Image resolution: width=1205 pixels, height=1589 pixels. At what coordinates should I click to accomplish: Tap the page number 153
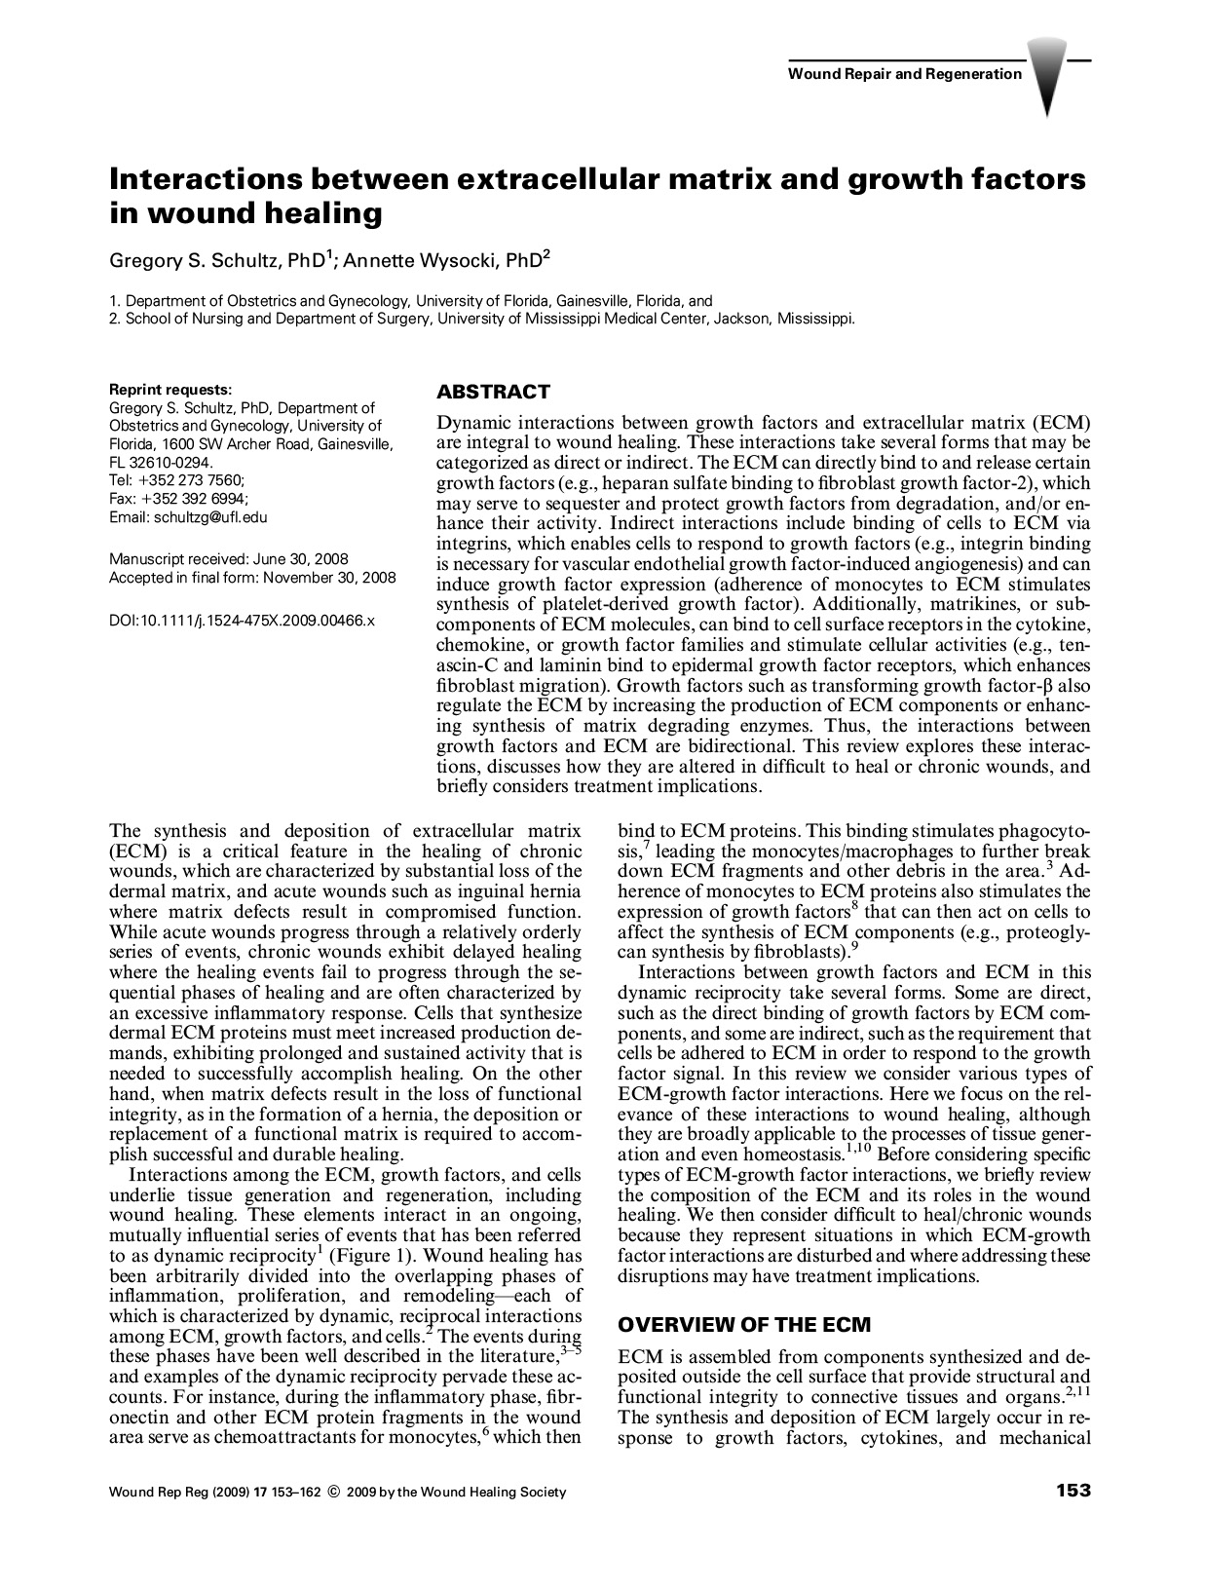1072,1491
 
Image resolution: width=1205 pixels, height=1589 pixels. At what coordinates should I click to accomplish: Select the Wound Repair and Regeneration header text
904,74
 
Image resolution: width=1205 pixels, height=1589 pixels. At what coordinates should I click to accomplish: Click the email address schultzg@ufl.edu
209,517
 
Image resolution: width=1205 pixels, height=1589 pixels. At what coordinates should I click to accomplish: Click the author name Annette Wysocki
428,259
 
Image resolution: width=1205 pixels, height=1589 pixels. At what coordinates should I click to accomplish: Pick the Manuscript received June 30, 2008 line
228,559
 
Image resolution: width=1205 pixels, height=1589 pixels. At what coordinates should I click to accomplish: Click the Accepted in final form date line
252,578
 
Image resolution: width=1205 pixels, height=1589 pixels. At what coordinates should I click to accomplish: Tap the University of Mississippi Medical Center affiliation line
482,318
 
